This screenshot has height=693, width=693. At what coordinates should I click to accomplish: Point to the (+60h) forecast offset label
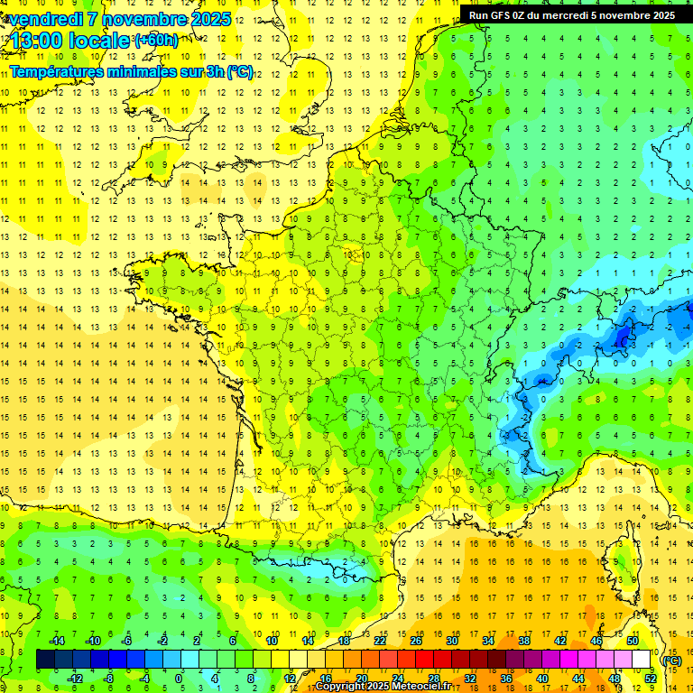155,40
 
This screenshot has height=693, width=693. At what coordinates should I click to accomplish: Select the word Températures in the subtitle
58,71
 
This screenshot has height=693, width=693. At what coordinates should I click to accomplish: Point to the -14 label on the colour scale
56,641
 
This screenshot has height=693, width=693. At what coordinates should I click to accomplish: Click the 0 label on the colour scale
179,679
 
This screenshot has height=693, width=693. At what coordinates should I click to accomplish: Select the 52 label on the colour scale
651,679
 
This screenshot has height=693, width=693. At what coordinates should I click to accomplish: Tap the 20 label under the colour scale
361,679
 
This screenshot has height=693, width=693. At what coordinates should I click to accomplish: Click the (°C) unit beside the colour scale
672,660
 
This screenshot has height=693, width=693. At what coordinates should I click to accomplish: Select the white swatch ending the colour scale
642,660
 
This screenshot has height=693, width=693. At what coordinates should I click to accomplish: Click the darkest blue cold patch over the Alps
622,337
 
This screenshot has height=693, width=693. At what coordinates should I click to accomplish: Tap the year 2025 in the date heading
208,19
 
